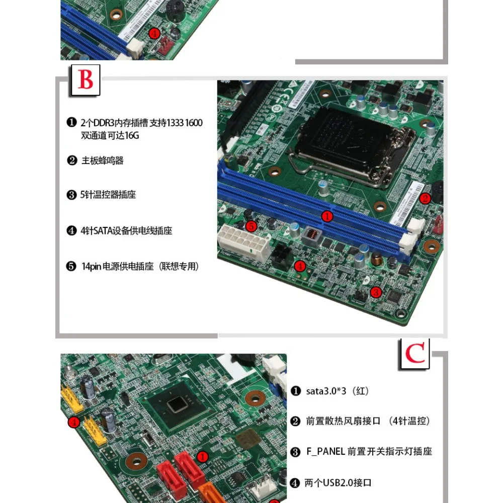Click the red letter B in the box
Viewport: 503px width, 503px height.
click(x=86, y=80)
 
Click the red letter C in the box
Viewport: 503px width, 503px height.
click(x=415, y=354)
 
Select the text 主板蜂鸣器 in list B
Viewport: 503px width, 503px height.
click(x=103, y=161)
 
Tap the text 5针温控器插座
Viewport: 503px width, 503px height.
click(x=108, y=195)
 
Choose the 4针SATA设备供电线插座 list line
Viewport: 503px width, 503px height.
click(x=126, y=231)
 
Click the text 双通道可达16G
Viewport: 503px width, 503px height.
click(x=110, y=136)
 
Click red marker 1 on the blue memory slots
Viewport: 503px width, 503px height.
click(x=327, y=216)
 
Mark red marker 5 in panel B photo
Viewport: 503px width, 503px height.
click(x=251, y=226)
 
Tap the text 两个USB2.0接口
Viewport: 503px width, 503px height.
click(x=338, y=483)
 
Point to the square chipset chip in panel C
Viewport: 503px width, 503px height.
click(x=179, y=405)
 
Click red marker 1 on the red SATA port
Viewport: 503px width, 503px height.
click(x=202, y=456)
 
